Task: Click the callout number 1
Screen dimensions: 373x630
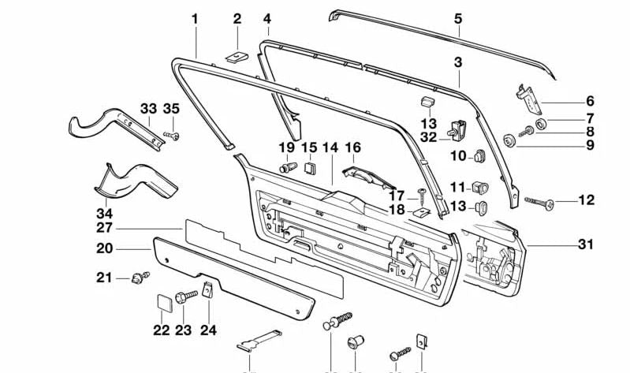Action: click(195, 17)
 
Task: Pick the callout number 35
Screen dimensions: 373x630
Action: click(171, 108)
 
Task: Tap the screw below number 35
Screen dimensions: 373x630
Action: click(172, 136)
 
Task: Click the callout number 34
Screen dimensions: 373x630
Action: click(104, 213)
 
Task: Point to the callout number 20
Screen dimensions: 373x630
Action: click(104, 248)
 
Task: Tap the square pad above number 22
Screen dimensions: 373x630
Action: click(162, 302)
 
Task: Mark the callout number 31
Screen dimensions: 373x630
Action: click(584, 245)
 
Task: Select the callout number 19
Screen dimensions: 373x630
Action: click(286, 147)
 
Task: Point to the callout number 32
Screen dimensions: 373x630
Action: click(428, 136)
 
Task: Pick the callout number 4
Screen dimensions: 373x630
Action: click(267, 17)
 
